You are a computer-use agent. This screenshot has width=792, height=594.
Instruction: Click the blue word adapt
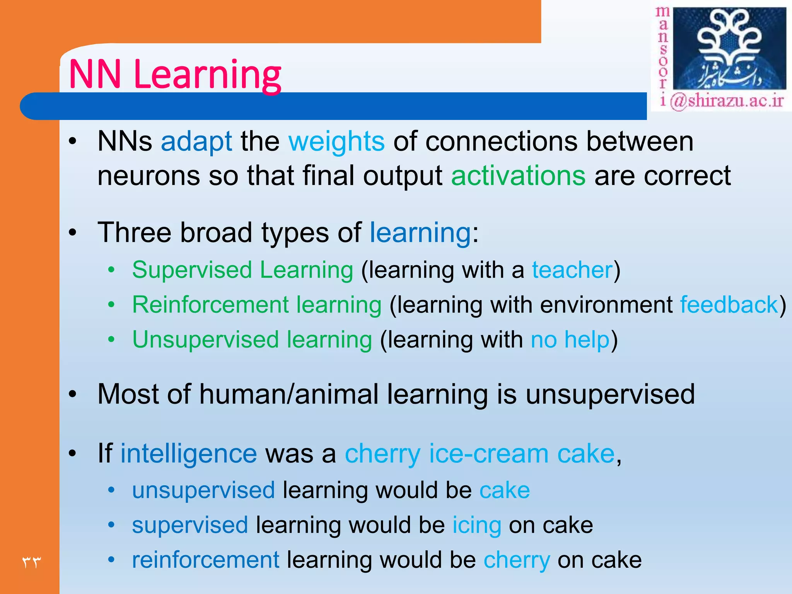196,142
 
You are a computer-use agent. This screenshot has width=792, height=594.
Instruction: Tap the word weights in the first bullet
336,142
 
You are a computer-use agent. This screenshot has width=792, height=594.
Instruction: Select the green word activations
518,176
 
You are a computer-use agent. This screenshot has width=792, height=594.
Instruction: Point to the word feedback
729,305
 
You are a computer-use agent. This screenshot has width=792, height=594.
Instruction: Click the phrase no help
570,340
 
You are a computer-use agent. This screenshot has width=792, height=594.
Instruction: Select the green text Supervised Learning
242,270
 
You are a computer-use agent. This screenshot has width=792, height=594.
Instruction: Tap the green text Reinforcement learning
257,305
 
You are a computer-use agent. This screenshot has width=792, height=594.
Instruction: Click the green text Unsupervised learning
252,340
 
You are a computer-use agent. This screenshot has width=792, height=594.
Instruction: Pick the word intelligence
189,454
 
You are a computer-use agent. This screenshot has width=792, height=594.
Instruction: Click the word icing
477,525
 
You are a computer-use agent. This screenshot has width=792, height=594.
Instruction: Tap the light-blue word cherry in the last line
517,560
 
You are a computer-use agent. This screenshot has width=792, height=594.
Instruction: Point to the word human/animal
288,394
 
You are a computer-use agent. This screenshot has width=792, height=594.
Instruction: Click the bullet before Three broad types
72,233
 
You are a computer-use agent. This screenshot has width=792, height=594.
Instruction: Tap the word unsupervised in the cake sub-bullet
203,490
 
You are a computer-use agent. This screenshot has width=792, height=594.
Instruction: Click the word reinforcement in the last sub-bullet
205,560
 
